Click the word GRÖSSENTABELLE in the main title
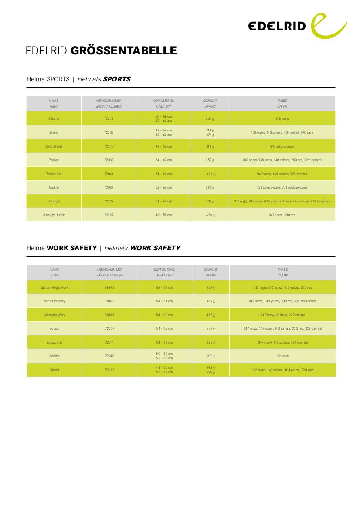[123, 51]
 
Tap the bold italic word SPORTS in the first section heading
[116, 79]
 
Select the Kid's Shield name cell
[54, 146]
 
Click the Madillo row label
[54, 187]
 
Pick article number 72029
[109, 215]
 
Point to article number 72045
[109, 146]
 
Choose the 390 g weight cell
[210, 187]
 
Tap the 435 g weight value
[210, 201]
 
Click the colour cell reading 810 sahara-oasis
[282, 146]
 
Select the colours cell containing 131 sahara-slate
[282, 187]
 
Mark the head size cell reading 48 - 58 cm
[164, 215]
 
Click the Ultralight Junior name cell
[54, 215]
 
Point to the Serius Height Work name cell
[54, 287]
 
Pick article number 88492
[109, 301]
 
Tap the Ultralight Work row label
[54, 315]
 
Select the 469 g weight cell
[211, 287]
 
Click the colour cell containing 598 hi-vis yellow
[283, 301]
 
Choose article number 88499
[109, 315]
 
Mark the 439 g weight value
[211, 301]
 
